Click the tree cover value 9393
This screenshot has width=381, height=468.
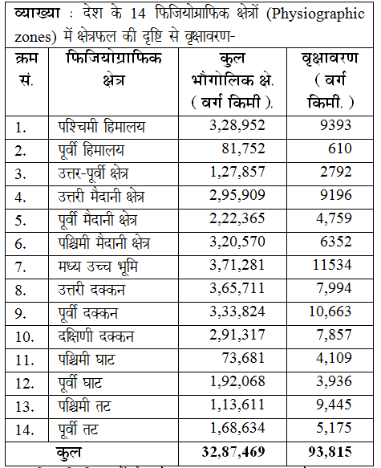(x=335, y=125)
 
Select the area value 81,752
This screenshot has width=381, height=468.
(x=243, y=149)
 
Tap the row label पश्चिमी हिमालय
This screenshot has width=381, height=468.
(x=102, y=127)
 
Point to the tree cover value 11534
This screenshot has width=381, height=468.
(x=332, y=265)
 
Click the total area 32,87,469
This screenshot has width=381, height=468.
(x=233, y=452)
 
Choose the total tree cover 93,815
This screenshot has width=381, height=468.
(x=330, y=452)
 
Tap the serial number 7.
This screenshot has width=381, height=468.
(x=20, y=267)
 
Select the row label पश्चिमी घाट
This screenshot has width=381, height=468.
(x=86, y=359)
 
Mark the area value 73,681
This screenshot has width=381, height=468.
(x=243, y=358)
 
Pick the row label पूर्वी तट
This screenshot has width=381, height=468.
(x=78, y=429)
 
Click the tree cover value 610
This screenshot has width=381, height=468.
(x=340, y=149)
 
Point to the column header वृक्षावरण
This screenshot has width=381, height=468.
(x=330, y=59)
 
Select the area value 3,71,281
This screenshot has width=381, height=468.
(x=237, y=265)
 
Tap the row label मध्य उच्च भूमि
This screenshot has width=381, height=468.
(x=98, y=267)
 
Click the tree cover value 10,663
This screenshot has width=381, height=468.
(x=330, y=311)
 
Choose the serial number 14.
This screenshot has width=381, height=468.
(x=24, y=429)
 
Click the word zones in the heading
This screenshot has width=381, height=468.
(x=33, y=37)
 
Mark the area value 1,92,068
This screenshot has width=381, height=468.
(x=237, y=381)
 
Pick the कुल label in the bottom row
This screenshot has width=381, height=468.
(x=68, y=453)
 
